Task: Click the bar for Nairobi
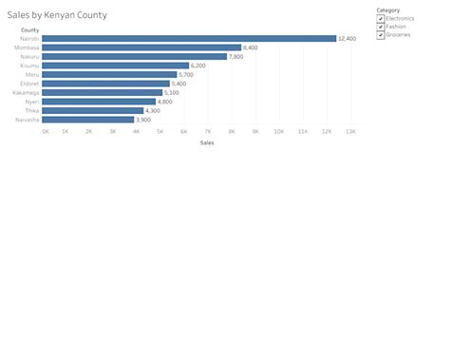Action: click(x=189, y=38)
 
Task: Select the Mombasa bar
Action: click(x=141, y=47)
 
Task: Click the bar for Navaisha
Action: click(x=88, y=120)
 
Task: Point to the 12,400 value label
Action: click(x=347, y=39)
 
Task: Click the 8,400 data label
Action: click(x=251, y=47)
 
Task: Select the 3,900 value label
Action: click(x=143, y=120)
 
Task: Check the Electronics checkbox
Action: click(x=381, y=19)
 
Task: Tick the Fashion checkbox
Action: click(x=381, y=27)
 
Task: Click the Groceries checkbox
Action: click(x=381, y=35)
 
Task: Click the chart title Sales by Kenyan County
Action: click(x=57, y=16)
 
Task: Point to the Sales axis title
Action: click(x=207, y=142)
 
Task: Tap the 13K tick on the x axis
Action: click(x=350, y=131)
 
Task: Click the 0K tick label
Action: click(x=46, y=131)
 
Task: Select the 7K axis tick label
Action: click(x=208, y=131)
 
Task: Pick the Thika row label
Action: click(x=32, y=110)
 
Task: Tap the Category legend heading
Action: click(x=387, y=10)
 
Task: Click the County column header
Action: click(x=29, y=30)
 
